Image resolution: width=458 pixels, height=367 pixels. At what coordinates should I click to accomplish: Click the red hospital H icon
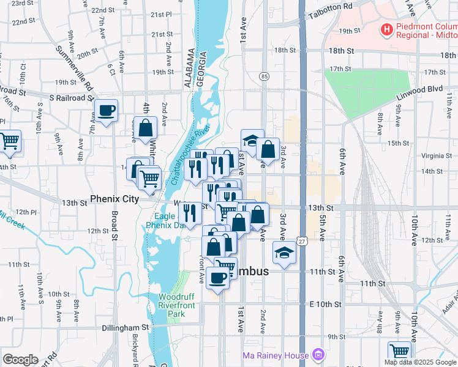tap(387, 29)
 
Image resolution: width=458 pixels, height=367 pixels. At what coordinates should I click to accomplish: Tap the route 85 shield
tap(264, 76)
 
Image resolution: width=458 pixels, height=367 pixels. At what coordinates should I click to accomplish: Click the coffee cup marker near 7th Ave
tap(106, 111)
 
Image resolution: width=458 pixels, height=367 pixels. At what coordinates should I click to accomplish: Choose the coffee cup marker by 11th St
tap(218, 278)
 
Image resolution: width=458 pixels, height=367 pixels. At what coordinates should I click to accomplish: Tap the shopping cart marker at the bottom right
tap(400, 352)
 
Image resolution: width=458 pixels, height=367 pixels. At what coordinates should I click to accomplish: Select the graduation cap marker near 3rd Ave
tap(284, 253)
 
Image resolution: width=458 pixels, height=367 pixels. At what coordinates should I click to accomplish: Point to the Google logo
tap(21, 360)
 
